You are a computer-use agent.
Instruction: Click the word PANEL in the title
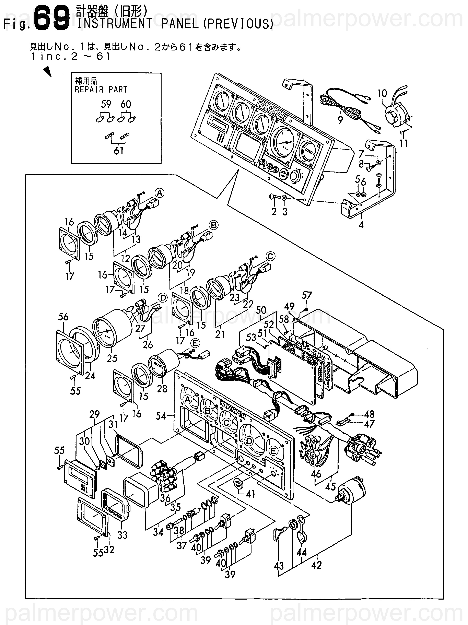pos(180,24)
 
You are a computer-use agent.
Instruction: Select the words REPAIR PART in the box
pos(101,90)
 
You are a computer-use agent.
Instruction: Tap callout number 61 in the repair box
pos(118,151)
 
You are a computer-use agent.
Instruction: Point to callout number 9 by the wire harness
pos(340,120)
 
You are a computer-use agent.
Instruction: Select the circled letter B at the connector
pos(214,225)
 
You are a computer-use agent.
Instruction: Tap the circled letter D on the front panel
pos(249,441)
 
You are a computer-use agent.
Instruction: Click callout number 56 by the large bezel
pos(63,317)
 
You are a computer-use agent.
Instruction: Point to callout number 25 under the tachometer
pos(112,358)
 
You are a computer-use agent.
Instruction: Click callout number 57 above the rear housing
pos(307,295)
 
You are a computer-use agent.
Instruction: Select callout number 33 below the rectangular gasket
pos(122,535)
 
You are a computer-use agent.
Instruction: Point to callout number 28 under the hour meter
pos(162,389)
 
